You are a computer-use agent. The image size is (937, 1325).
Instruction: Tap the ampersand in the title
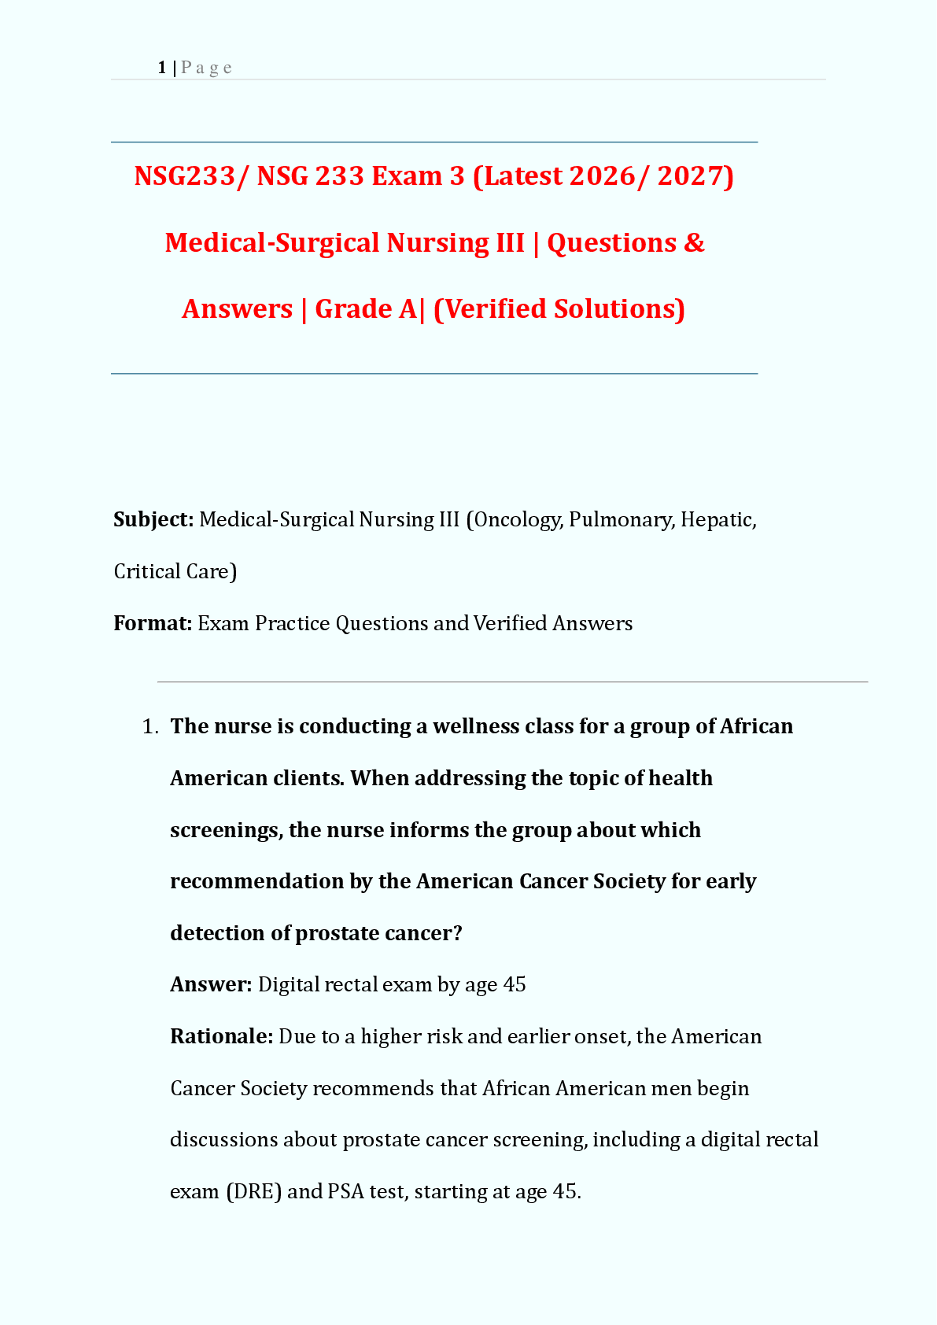point(694,242)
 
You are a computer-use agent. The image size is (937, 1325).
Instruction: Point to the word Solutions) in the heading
point(620,308)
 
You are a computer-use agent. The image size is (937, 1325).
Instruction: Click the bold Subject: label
point(153,519)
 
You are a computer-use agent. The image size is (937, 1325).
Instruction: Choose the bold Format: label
point(153,623)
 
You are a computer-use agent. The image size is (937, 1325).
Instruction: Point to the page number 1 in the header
point(161,68)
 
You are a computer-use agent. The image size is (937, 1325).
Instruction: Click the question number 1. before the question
point(151,726)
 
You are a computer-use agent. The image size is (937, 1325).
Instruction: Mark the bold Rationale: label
point(221,1036)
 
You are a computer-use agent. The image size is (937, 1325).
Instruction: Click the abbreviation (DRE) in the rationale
point(253,1191)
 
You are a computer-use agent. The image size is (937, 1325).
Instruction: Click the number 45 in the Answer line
point(515,985)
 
